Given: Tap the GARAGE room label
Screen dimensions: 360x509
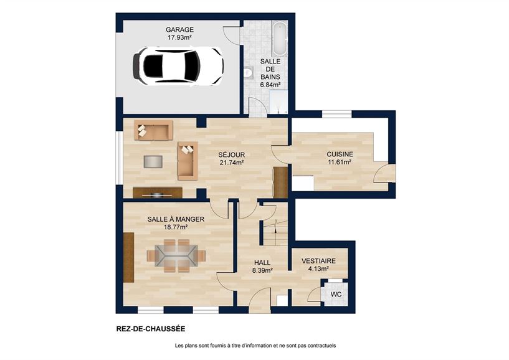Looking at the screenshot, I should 179,29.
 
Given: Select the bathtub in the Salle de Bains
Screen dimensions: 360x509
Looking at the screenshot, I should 278,38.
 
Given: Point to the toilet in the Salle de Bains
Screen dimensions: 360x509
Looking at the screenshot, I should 247,73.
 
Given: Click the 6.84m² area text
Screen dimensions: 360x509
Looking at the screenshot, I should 270,84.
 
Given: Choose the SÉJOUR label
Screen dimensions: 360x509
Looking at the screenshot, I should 231,154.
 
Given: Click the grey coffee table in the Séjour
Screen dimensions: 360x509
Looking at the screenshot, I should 153,161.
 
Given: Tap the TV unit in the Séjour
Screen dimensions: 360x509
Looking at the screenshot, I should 158,192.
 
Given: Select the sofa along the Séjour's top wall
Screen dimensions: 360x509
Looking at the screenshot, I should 153,131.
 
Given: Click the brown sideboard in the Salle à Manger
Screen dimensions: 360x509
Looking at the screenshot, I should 129,257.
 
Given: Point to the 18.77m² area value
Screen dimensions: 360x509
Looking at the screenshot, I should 176,227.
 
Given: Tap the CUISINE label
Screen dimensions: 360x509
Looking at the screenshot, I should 340,154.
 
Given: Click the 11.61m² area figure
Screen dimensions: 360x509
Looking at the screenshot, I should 340,163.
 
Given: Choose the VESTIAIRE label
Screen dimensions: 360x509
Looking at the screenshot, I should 318,261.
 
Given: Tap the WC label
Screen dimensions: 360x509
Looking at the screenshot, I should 336,294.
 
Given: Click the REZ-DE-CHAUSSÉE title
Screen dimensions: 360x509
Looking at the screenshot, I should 151,328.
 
